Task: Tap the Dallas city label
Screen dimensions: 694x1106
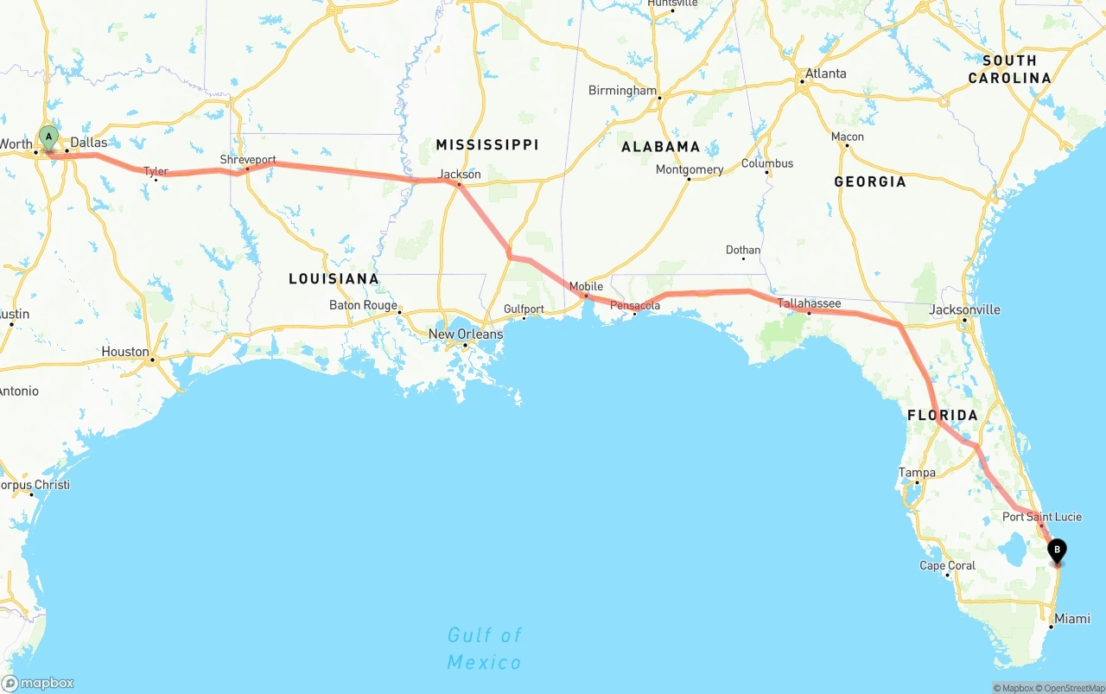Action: click(89, 142)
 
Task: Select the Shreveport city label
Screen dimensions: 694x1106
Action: click(248, 160)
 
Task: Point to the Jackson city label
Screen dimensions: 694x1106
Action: click(460, 174)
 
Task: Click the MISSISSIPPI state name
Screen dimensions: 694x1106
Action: click(486, 144)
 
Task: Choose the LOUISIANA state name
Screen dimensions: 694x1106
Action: click(334, 278)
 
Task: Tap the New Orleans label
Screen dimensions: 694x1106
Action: click(466, 334)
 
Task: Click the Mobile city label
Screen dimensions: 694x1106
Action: click(586, 286)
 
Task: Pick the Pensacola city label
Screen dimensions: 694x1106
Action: click(635, 305)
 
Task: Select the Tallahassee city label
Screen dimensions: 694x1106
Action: click(809, 302)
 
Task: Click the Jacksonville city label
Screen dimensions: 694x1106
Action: click(964, 309)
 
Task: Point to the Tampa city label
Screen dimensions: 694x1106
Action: click(917, 472)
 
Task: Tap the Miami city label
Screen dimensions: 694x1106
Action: click(1071, 619)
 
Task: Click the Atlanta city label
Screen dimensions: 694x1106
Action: click(825, 73)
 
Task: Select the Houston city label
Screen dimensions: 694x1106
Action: click(125, 352)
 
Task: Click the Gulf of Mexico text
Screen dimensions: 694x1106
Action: click(484, 648)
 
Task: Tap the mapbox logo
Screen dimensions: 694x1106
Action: click(38, 683)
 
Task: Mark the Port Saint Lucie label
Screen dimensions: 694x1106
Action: click(1041, 517)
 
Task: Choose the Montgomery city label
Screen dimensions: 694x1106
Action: click(689, 169)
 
